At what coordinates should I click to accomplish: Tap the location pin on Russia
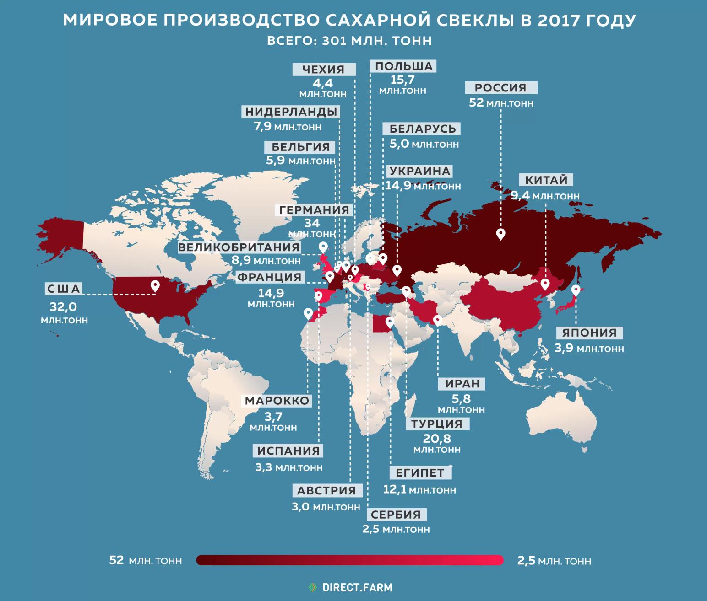pyautogui.click(x=501, y=234)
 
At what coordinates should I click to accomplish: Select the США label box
pyautogui.click(x=64, y=289)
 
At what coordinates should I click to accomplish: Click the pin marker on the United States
pyautogui.click(x=155, y=286)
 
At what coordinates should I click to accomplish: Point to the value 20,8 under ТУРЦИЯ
pyautogui.click(x=437, y=438)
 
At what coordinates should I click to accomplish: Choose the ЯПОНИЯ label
pyautogui.click(x=589, y=333)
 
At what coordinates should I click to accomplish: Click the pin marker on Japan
pyautogui.click(x=576, y=290)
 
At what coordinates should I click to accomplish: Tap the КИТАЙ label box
pyautogui.click(x=546, y=180)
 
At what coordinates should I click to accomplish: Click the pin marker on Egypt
pyautogui.click(x=389, y=323)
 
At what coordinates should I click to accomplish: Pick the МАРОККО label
pyautogui.click(x=277, y=401)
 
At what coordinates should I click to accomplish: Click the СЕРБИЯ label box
pyautogui.click(x=396, y=514)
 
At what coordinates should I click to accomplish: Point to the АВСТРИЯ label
pyautogui.click(x=326, y=490)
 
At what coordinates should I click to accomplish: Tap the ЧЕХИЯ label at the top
pyautogui.click(x=323, y=70)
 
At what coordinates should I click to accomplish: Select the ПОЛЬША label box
pyautogui.click(x=403, y=66)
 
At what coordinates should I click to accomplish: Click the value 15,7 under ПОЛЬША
pyautogui.click(x=402, y=80)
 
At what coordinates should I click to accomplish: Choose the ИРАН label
pyautogui.click(x=462, y=383)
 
